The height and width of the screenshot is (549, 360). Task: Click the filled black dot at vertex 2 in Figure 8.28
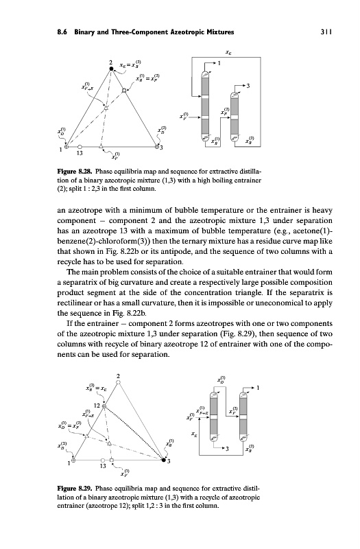tap(112, 69)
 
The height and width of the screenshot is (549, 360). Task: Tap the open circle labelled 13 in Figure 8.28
tap(80, 146)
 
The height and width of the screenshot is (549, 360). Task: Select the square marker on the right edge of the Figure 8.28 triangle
tap(124, 91)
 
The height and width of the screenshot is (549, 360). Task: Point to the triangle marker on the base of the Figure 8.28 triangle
tap(101, 145)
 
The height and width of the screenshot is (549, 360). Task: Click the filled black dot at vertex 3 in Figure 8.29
tap(164, 460)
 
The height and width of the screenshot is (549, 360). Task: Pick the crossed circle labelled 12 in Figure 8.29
tap(104, 406)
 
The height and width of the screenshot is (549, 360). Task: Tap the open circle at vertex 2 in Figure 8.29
tap(118, 382)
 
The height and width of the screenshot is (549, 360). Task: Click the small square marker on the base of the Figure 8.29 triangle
tap(111, 460)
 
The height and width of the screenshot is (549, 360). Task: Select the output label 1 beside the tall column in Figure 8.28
tap(219, 63)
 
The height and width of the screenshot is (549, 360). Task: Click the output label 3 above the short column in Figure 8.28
tap(248, 86)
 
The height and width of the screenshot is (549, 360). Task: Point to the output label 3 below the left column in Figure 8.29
tap(228, 449)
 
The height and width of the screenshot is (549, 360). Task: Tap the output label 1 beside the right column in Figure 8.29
tap(258, 388)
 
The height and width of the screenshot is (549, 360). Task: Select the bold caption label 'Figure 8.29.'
tap(75, 488)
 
